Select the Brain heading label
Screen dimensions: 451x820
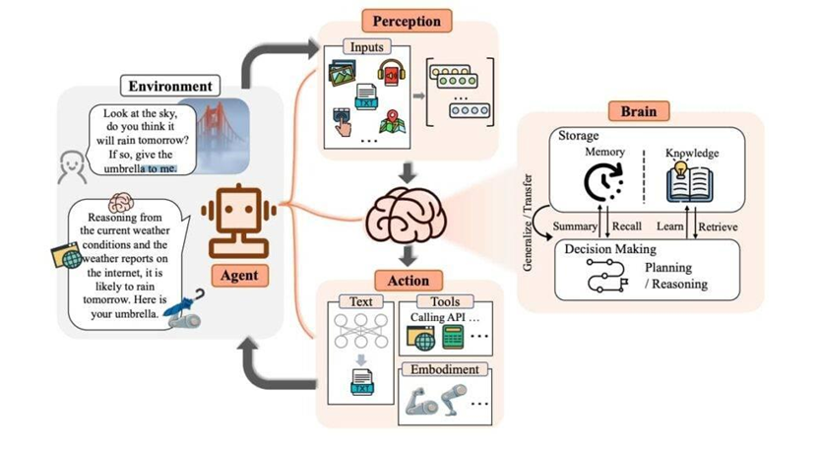click(640, 110)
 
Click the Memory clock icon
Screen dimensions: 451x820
click(604, 183)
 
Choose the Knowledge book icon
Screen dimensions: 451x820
click(691, 185)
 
